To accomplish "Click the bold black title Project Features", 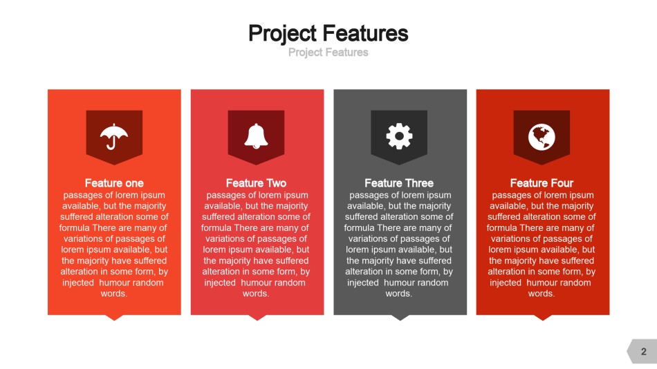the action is pos(328,33).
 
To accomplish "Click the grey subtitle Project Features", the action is pos(328,53).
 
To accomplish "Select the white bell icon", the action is pos(256,136).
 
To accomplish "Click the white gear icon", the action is pos(399,136).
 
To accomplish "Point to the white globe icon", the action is pos(542,137).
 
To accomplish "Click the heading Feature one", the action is pos(114,183).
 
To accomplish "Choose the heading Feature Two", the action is pos(256,183).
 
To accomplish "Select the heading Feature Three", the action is pos(399,183).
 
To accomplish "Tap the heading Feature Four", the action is pos(542,183).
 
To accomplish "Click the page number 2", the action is pos(644,352).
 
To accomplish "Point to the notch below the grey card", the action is pos(400,317).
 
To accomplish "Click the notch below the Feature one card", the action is pos(114,317).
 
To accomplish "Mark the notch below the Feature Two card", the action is pos(257,317).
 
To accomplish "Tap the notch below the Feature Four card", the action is pos(543,317).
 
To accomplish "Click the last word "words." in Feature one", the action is pos(114,294).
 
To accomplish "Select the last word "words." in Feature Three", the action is pos(399,294).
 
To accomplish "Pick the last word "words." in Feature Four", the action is pos(542,294).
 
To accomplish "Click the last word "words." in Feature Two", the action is pos(256,294).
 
